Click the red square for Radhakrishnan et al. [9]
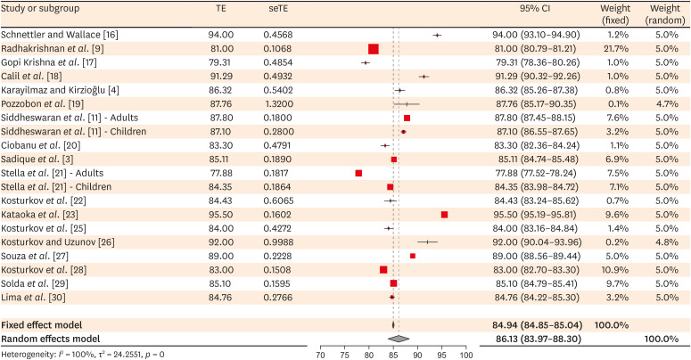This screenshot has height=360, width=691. pos(373,48)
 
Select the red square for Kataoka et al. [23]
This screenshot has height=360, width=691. pos(444,215)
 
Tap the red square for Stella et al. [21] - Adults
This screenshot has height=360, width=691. pos(358,173)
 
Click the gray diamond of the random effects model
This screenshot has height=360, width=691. pos(400,339)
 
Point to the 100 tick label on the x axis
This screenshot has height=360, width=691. pos(465,355)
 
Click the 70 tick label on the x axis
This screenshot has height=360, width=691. pos(320,355)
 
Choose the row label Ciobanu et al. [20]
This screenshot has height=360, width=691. pos(42,145)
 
